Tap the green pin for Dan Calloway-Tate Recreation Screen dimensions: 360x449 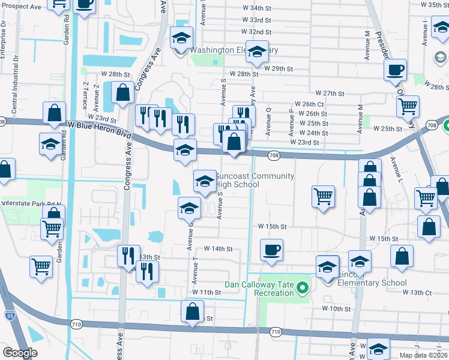pyautogui.click(x=303, y=289)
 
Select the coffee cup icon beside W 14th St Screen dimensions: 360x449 pyautogui.click(x=271, y=249)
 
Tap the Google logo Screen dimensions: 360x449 pyautogui.click(x=20, y=352)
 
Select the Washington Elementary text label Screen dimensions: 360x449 pyautogui.click(x=234, y=50)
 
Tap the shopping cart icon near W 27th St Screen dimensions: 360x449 pyautogui.click(x=408, y=107)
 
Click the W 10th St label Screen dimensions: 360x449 pyautogui.click(x=336, y=308)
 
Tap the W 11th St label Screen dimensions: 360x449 pyautogui.click(x=207, y=292)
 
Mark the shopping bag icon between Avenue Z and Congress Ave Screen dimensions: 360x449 pyautogui.click(x=122, y=93)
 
